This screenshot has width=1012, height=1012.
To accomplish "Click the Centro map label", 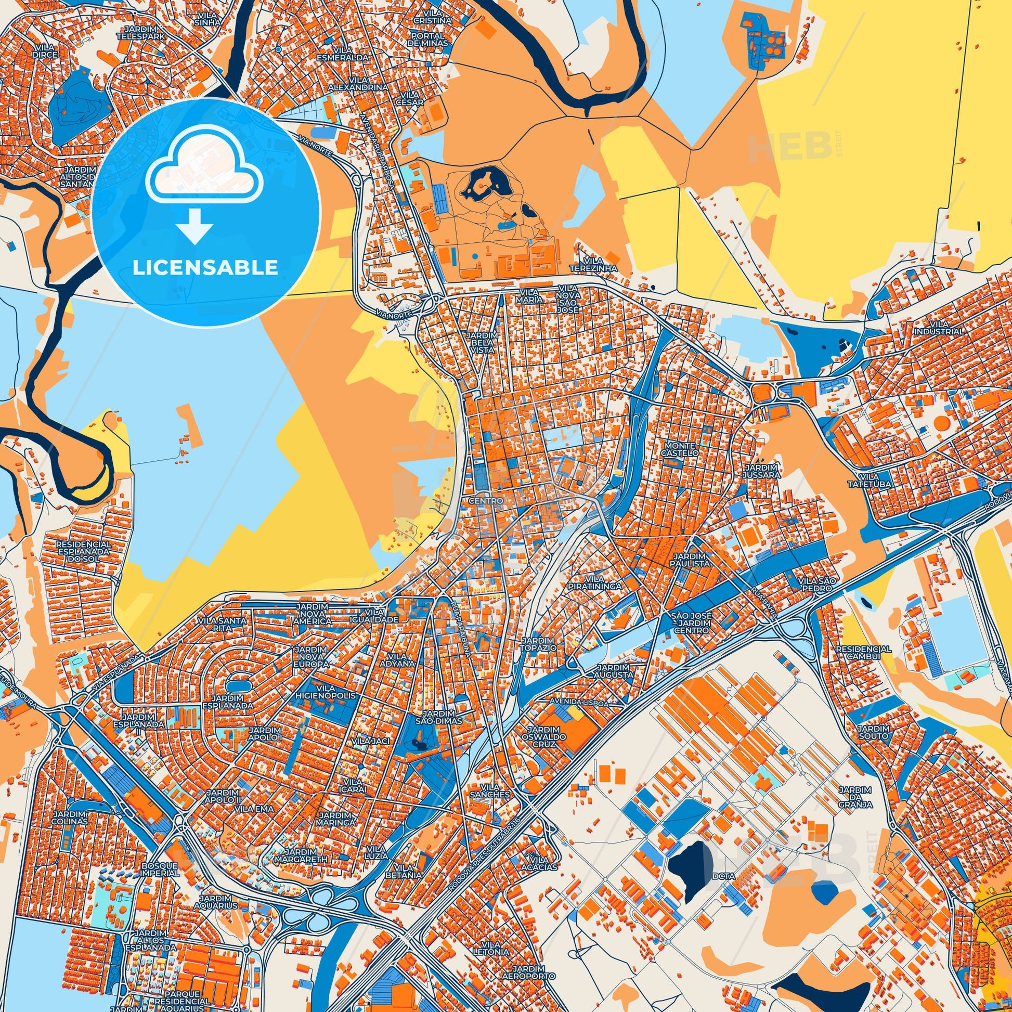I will click(x=487, y=501).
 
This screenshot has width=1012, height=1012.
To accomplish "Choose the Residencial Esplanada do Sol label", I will click(x=83, y=552).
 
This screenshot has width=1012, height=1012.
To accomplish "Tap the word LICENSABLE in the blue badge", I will click(x=205, y=268).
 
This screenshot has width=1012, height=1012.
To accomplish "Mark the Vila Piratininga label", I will click(x=598, y=582).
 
